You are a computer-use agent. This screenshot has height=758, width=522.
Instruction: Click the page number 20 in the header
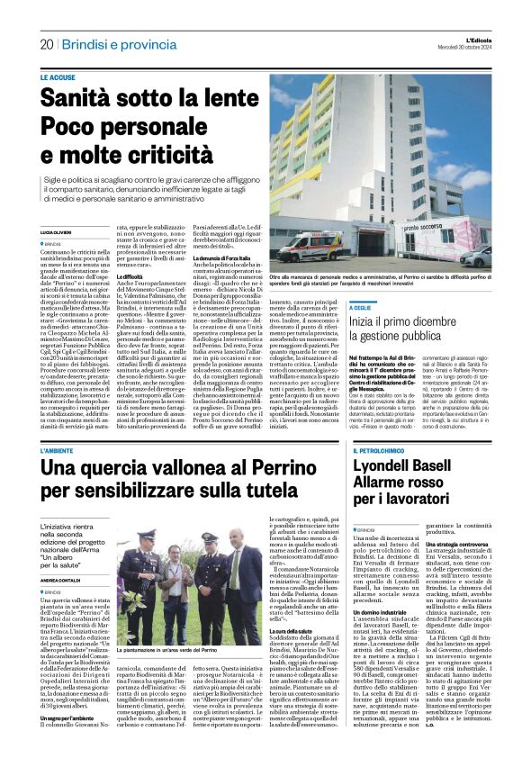point(47,44)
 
